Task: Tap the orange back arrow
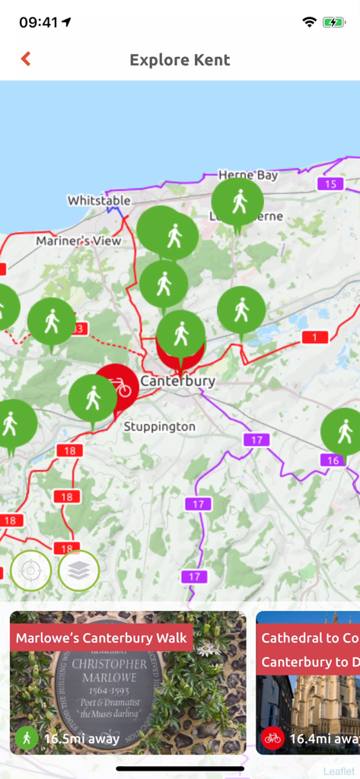tap(26, 59)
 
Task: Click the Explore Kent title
tap(180, 60)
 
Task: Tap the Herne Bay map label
tap(248, 175)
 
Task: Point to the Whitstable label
tap(99, 201)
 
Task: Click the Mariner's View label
tap(78, 241)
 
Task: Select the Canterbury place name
tap(178, 380)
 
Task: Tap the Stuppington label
tap(159, 427)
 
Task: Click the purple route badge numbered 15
tap(330, 183)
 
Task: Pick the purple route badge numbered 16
tap(333, 459)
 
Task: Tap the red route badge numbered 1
tap(314, 337)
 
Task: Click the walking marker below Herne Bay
tap(238, 202)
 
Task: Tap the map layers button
tap(79, 571)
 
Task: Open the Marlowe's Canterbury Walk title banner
tap(101, 638)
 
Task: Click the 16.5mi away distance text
tap(81, 738)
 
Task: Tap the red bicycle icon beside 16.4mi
tap(272, 738)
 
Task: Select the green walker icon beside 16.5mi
tap(27, 738)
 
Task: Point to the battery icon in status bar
tap(333, 23)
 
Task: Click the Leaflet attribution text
tap(338, 771)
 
